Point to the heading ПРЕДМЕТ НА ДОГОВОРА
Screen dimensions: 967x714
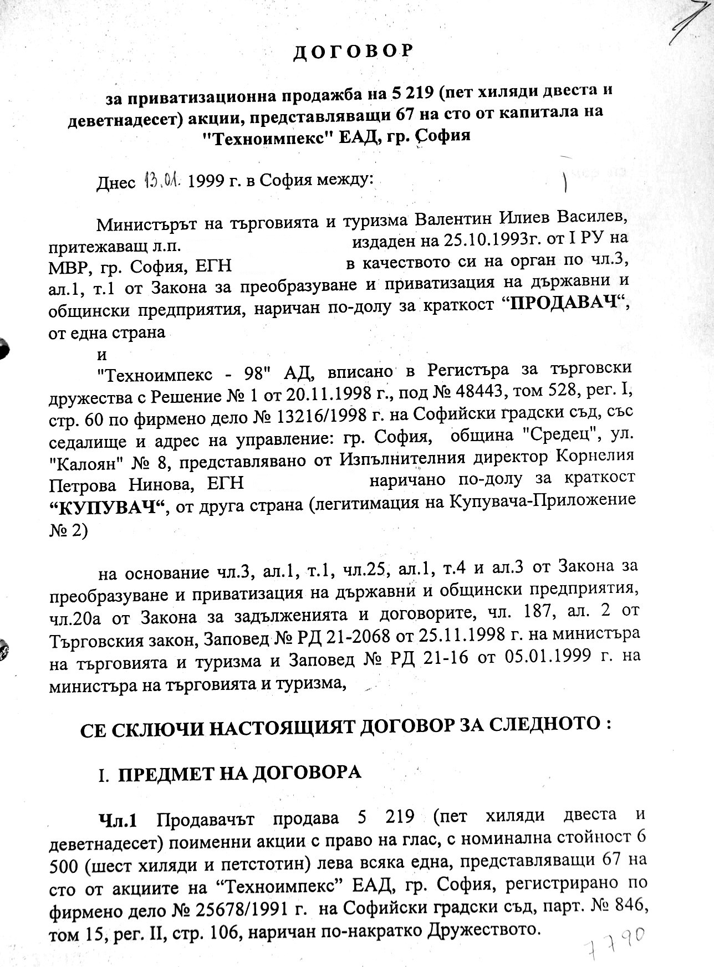click(239, 772)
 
